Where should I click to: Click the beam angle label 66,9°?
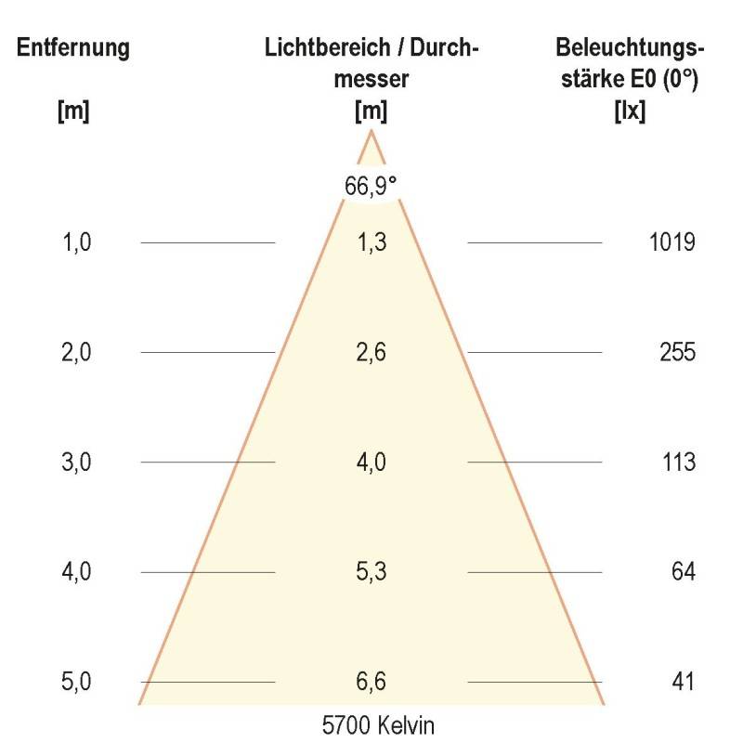coord(371,185)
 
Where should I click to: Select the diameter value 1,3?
coord(371,243)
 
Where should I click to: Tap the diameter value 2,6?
coord(371,353)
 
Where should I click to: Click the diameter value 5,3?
coord(371,571)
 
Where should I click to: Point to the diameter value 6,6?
coord(371,682)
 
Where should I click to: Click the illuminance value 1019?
coord(671,243)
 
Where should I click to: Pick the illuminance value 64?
coord(684,571)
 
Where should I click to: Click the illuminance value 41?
coord(684,682)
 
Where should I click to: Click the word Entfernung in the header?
coord(72,48)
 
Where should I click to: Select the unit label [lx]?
coord(630,112)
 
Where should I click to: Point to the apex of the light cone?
coord(371,131)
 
